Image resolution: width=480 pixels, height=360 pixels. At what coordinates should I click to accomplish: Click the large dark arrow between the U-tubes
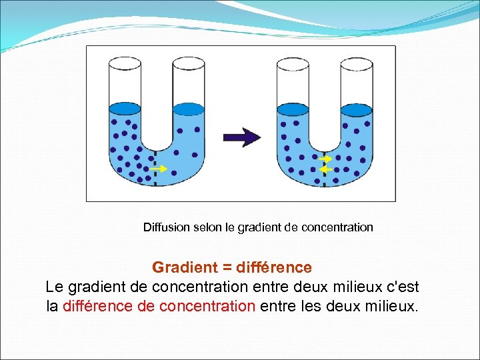click(x=241, y=137)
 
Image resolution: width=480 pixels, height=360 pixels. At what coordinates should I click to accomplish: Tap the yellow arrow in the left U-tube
click(x=159, y=169)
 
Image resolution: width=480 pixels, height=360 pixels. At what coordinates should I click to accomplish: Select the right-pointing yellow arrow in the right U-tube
click(x=325, y=160)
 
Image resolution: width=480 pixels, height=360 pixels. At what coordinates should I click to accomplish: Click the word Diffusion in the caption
click(x=167, y=227)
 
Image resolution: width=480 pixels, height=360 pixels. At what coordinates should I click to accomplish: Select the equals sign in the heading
click(x=227, y=268)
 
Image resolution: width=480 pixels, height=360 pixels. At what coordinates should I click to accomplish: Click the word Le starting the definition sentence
click(x=53, y=287)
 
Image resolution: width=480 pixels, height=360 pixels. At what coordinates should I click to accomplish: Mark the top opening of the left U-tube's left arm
click(x=125, y=63)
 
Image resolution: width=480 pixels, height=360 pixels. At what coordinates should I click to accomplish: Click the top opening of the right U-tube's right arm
click(x=356, y=63)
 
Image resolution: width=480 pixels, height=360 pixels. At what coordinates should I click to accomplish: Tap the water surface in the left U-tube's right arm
click(x=188, y=109)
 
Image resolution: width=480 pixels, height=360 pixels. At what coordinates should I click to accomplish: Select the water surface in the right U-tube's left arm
click(x=292, y=109)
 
